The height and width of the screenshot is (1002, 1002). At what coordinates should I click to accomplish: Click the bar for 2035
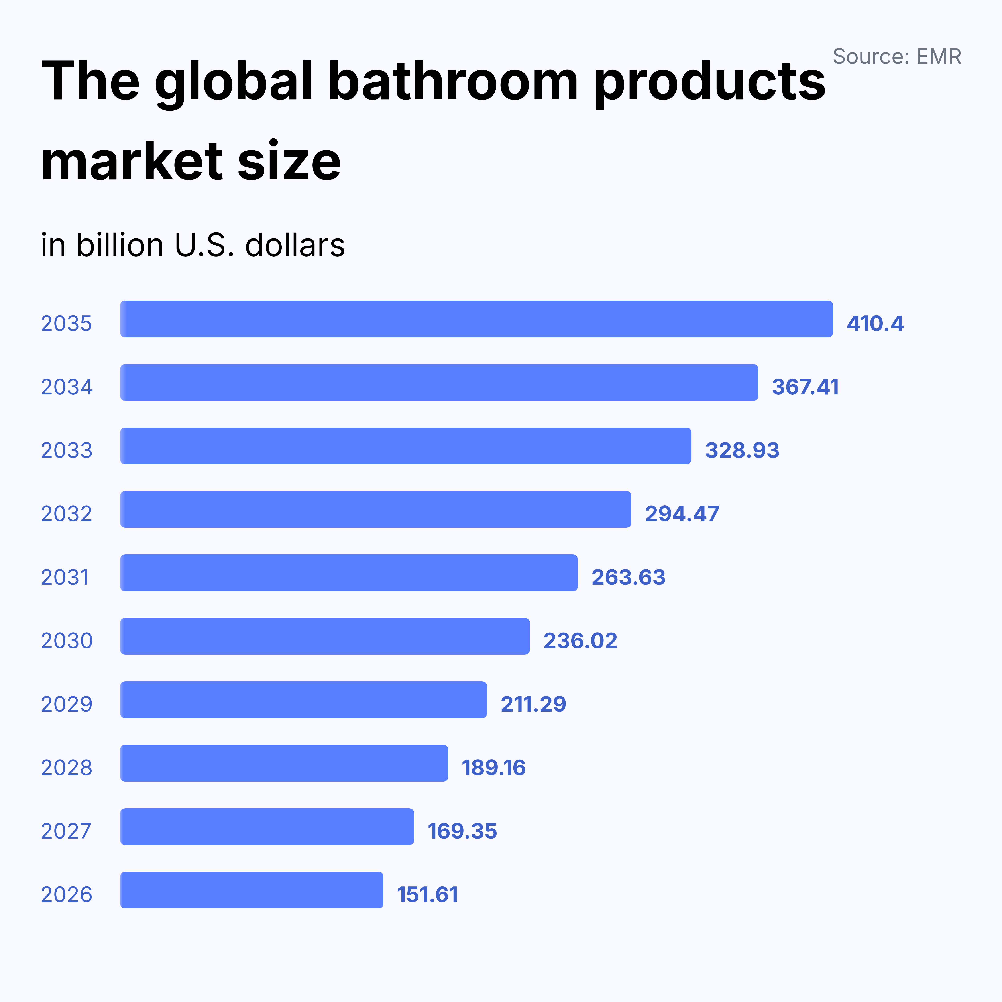[476, 319]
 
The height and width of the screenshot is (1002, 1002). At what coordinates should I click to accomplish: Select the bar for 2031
[348, 572]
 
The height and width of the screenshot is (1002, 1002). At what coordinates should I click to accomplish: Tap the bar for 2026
[252, 890]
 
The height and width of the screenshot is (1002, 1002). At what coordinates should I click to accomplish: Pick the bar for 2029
[303, 700]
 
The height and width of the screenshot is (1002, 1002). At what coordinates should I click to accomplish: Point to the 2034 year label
[66, 387]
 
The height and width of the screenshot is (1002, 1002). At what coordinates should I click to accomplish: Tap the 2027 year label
[66, 831]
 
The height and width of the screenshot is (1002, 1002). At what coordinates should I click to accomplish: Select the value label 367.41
[805, 387]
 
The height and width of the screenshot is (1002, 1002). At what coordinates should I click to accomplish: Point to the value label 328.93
[742, 450]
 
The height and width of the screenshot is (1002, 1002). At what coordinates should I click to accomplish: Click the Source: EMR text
[897, 56]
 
